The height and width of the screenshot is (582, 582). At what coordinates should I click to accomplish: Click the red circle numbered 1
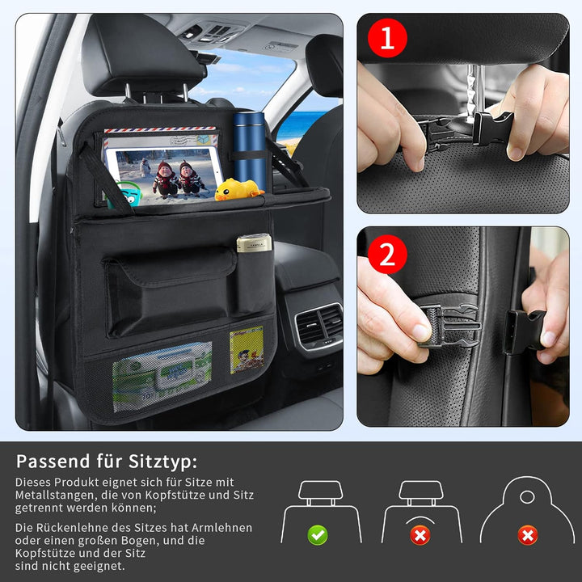point(387,38)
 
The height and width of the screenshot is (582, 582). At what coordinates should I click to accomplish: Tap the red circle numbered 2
point(387,255)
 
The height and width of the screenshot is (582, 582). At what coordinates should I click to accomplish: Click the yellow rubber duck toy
point(238,189)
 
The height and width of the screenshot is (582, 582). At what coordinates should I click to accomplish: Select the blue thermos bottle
point(250,150)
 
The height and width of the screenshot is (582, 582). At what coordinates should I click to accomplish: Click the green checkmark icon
point(318,535)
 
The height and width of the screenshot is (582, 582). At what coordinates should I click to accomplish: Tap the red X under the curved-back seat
point(420,535)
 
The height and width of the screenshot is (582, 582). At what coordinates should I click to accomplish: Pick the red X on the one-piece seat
point(527,535)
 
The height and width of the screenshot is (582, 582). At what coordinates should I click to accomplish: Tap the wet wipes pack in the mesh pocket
point(162,376)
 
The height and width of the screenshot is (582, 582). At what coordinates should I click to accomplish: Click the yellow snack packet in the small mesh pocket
point(247,350)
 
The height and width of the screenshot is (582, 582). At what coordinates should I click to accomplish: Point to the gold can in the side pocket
point(255,243)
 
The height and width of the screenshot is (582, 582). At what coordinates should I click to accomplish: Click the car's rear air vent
point(318,326)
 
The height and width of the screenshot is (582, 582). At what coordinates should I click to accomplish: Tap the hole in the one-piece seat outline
point(527,497)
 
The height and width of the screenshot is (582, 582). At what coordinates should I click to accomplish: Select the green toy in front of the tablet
point(127,194)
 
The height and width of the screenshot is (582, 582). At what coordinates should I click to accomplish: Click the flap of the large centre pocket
point(170,268)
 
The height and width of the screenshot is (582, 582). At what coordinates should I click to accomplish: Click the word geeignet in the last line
point(99,566)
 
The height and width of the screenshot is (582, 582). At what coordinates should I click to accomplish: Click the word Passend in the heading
point(53,462)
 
